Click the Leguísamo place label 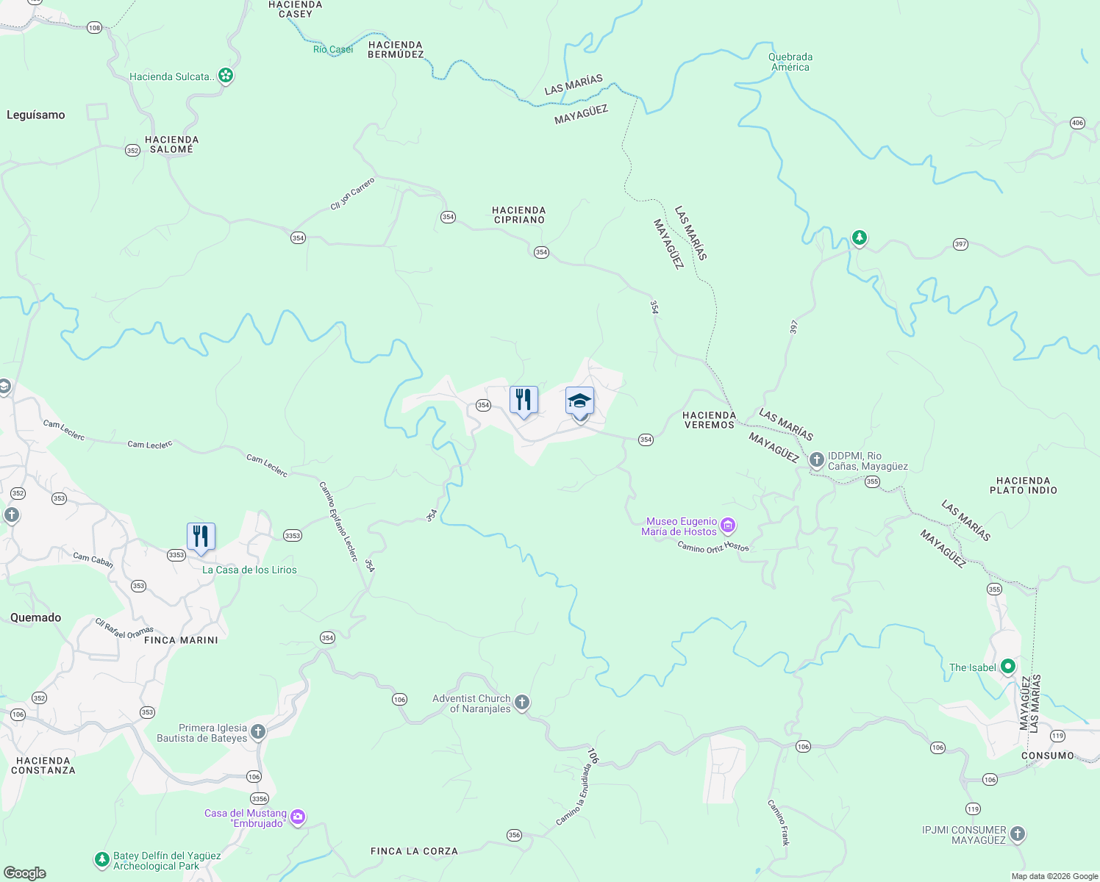pyautogui.click(x=36, y=115)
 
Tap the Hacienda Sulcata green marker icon pyautogui.click(x=226, y=75)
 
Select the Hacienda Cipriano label pyautogui.click(x=519, y=215)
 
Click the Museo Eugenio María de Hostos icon pyautogui.click(x=728, y=525)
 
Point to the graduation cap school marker pyautogui.click(x=579, y=402)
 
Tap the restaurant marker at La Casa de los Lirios pyautogui.click(x=201, y=537)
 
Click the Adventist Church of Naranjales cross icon pyautogui.click(x=522, y=703)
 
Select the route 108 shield pyautogui.click(x=94, y=28)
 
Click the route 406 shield pyautogui.click(x=1077, y=123)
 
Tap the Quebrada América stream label pyautogui.click(x=790, y=62)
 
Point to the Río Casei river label pyautogui.click(x=333, y=49)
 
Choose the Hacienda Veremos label pyautogui.click(x=709, y=420)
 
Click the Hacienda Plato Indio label pyautogui.click(x=1023, y=485)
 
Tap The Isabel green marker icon pyautogui.click(x=1008, y=667)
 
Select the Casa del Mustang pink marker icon pyautogui.click(x=298, y=817)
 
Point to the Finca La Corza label pyautogui.click(x=414, y=851)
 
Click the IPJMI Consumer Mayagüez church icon pyautogui.click(x=1018, y=833)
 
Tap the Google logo pyautogui.click(x=25, y=873)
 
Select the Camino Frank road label pyautogui.click(x=779, y=822)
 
